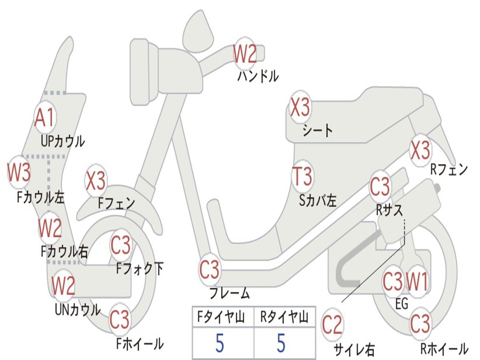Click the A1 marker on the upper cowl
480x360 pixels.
point(45,118)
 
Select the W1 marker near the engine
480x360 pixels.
point(417,282)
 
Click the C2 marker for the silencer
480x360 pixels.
point(332,325)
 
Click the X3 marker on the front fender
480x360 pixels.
point(96,181)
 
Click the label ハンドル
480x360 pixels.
point(258,76)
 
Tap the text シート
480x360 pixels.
point(317,130)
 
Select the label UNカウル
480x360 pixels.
point(77,309)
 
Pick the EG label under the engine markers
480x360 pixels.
point(402,304)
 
